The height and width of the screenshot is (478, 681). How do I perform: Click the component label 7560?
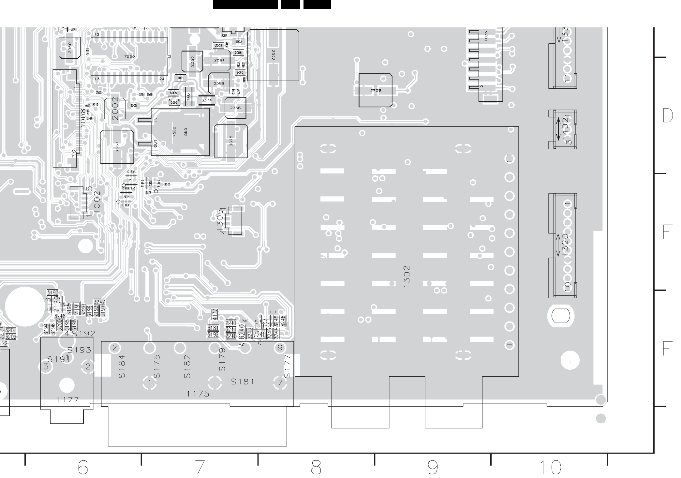pos(129,56)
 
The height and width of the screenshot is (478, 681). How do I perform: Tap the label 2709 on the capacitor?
pos(376,91)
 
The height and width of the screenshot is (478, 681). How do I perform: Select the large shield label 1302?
pos(407,277)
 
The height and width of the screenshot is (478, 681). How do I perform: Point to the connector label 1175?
pos(198,394)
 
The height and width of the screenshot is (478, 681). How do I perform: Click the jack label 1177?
pos(67,400)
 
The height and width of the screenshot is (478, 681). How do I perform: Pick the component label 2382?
pos(273,55)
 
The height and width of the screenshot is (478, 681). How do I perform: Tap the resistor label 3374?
pos(207,100)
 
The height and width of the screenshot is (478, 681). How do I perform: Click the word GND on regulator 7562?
pos(186,132)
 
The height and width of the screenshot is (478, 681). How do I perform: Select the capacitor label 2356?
pos(235,108)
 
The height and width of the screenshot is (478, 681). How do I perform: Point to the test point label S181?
pos(243,381)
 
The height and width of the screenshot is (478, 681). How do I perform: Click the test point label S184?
pos(122,366)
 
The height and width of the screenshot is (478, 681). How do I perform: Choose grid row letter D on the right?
pos(667,116)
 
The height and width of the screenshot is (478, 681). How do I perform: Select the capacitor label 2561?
pos(117,147)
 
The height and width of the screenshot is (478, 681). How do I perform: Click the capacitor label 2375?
pos(231,141)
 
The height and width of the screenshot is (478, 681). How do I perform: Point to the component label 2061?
pos(219,60)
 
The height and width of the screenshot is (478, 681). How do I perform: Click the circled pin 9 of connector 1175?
pos(280,348)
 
